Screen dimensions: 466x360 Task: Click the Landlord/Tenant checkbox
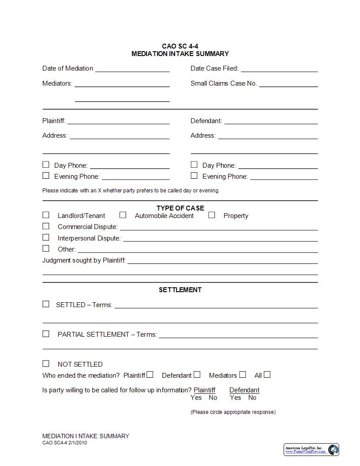click(46, 215)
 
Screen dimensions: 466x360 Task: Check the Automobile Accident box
click(123, 215)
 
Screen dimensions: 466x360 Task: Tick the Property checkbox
click(212, 215)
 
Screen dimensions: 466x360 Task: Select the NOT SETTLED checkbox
click(46, 364)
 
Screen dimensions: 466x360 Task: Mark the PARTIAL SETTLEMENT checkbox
click(46, 334)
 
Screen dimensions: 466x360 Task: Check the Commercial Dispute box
click(46, 226)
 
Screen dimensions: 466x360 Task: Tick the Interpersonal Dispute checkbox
click(46, 237)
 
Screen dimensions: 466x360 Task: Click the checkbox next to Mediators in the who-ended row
click(243, 375)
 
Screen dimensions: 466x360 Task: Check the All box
click(267, 375)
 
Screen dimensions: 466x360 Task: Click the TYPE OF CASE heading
click(180, 208)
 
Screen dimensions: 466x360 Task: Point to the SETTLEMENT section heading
click(180, 289)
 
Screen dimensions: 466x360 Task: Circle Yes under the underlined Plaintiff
click(196, 398)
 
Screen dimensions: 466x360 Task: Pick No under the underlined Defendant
click(252, 398)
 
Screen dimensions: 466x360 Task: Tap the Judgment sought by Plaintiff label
click(84, 260)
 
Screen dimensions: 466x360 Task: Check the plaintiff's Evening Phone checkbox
click(46, 176)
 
